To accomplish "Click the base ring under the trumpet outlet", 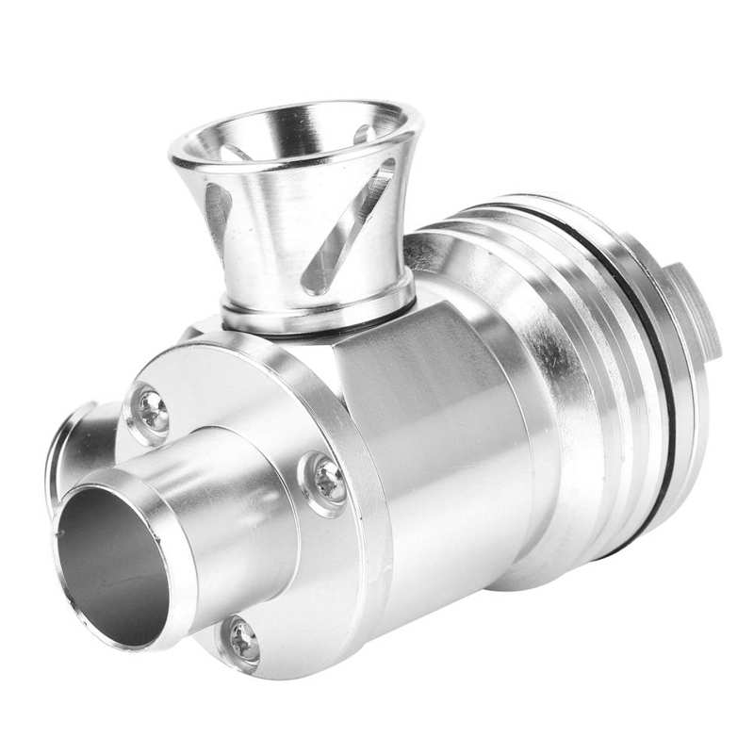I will (x=316, y=302).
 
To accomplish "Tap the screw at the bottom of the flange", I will (x=244, y=642).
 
